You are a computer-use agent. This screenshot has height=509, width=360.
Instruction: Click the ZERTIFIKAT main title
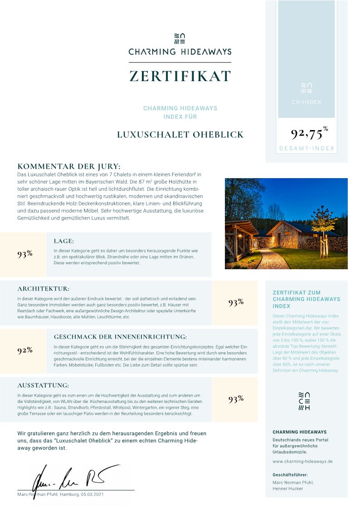pos(180,76)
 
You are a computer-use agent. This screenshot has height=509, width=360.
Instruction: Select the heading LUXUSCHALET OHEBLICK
pos(180,135)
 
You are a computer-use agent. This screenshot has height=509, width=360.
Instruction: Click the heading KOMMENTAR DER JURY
pos(69,166)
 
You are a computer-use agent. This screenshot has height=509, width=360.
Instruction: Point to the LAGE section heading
pos(63,241)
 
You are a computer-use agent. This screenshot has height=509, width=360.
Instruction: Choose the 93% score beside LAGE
pos(25,254)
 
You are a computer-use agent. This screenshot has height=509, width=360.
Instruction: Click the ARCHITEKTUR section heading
pos(44,288)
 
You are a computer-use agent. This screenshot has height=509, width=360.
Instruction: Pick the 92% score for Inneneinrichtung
pos(25,350)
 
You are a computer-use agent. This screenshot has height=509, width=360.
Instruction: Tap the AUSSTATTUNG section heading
pos(43,385)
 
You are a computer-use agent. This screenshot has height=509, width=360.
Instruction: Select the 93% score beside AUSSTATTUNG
pos(236,399)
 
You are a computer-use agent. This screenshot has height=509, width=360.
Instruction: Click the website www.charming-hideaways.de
pos(302,461)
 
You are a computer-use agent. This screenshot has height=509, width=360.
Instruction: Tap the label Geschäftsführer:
pos(290,475)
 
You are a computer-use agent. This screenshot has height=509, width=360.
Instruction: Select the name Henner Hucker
pos(288,489)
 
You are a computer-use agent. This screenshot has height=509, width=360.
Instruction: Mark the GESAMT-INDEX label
pos(306,148)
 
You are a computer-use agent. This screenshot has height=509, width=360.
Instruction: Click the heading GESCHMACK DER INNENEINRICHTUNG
pos(120,337)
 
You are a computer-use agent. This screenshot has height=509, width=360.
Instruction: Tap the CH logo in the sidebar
pos(306,401)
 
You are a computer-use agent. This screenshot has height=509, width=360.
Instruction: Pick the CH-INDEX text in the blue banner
pos(306,102)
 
